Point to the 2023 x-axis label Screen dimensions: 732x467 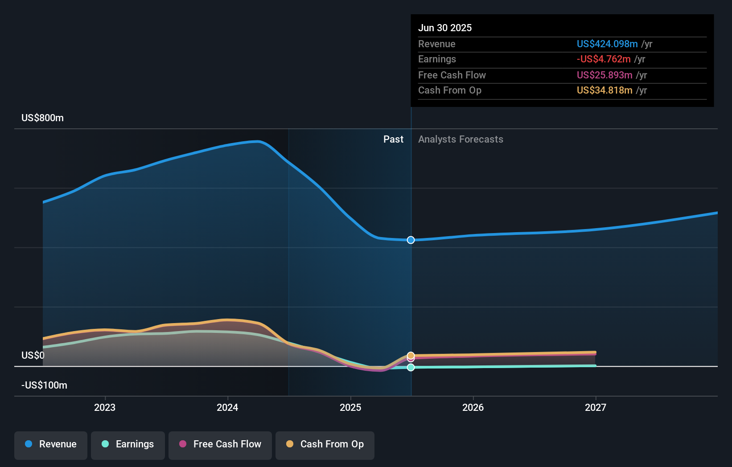105,408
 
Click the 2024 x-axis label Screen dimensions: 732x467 227,408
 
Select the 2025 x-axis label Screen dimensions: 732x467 350,408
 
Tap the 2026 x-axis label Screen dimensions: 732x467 473,408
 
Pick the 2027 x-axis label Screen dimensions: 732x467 596,408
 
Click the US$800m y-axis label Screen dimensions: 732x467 42,118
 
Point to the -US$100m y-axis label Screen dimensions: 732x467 44,385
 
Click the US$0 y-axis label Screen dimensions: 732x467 33,355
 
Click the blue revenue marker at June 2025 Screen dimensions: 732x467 411,240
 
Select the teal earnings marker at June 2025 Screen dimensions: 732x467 411,367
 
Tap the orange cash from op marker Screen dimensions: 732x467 411,355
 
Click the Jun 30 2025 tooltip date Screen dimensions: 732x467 445,28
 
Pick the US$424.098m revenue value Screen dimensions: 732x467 607,44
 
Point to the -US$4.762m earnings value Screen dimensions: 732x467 604,59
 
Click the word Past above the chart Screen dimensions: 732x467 394,139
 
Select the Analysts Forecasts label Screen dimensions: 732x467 461,139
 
